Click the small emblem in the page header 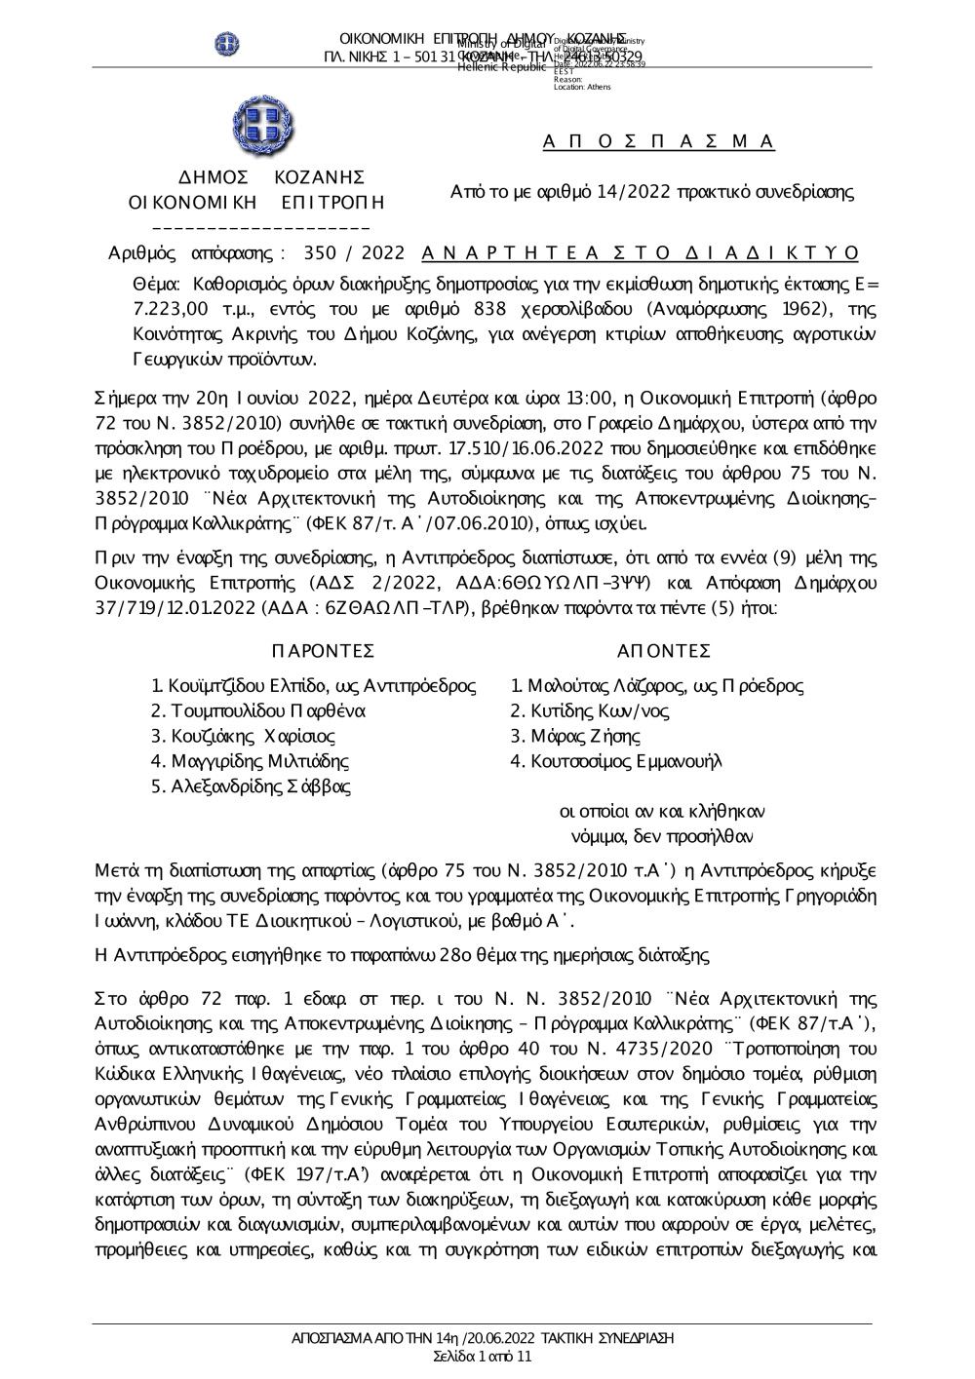pos(228,43)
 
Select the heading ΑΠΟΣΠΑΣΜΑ pos(659,141)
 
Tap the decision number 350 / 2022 pos(355,253)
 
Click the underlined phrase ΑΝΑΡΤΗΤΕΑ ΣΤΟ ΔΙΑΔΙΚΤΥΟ pos(641,253)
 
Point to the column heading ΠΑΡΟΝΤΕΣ pos(322,651)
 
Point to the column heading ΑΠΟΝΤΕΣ pos(664,651)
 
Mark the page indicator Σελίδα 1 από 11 pos(482,1356)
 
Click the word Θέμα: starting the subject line pos(156,285)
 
